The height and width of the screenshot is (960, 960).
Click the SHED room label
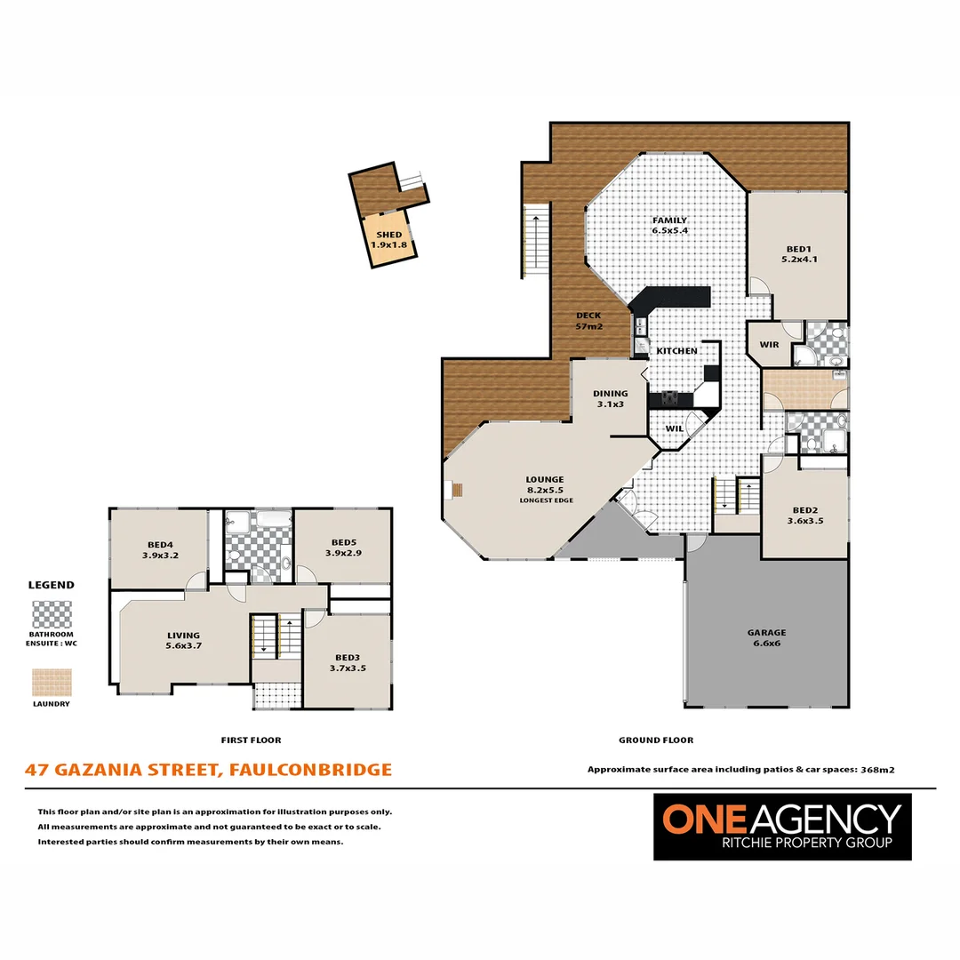click(x=388, y=239)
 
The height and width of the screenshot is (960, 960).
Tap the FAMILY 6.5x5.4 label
click(x=670, y=225)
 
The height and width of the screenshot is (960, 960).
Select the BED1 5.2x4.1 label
click(x=799, y=254)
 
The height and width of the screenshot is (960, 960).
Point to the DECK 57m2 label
click(x=589, y=321)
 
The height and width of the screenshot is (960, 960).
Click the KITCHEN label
click(x=676, y=351)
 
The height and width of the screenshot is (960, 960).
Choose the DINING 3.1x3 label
click(x=611, y=398)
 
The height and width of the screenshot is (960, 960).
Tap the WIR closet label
click(x=769, y=345)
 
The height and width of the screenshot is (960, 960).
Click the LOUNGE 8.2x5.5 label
click(x=545, y=485)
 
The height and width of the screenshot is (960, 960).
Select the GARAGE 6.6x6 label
click(x=766, y=637)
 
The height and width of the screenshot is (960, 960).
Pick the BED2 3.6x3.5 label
click(x=805, y=515)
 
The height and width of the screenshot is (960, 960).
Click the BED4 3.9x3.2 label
click(x=160, y=550)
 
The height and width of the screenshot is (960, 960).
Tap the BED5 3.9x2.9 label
click(x=343, y=548)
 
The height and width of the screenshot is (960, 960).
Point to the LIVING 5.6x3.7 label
click(x=184, y=640)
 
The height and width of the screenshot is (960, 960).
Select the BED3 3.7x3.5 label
click(x=348, y=662)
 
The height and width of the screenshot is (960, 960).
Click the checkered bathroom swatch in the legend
click(x=52, y=615)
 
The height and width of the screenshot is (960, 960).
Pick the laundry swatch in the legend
click(x=52, y=682)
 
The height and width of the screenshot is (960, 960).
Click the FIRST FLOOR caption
click(x=251, y=740)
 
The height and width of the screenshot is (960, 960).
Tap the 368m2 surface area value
click(x=877, y=770)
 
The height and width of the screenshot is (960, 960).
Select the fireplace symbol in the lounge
click(x=456, y=491)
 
